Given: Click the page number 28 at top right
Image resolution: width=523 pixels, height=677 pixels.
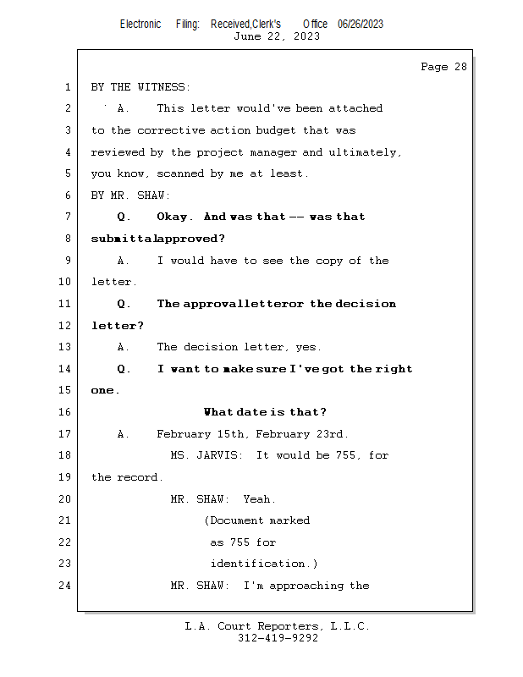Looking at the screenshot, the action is click(460, 67).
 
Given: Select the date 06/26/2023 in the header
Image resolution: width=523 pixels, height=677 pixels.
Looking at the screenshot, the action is click(361, 25).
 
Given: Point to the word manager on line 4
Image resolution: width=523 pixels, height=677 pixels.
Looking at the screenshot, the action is click(273, 152).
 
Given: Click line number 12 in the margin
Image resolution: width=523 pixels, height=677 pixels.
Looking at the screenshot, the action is click(65, 326).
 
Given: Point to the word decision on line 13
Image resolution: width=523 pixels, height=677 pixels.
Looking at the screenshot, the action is click(211, 347).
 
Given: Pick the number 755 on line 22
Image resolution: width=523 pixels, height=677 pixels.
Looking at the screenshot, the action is click(239, 542).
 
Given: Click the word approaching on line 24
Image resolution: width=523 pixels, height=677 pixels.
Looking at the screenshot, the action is click(306, 586).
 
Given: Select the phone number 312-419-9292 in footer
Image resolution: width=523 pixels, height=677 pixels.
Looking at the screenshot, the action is click(278, 638).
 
